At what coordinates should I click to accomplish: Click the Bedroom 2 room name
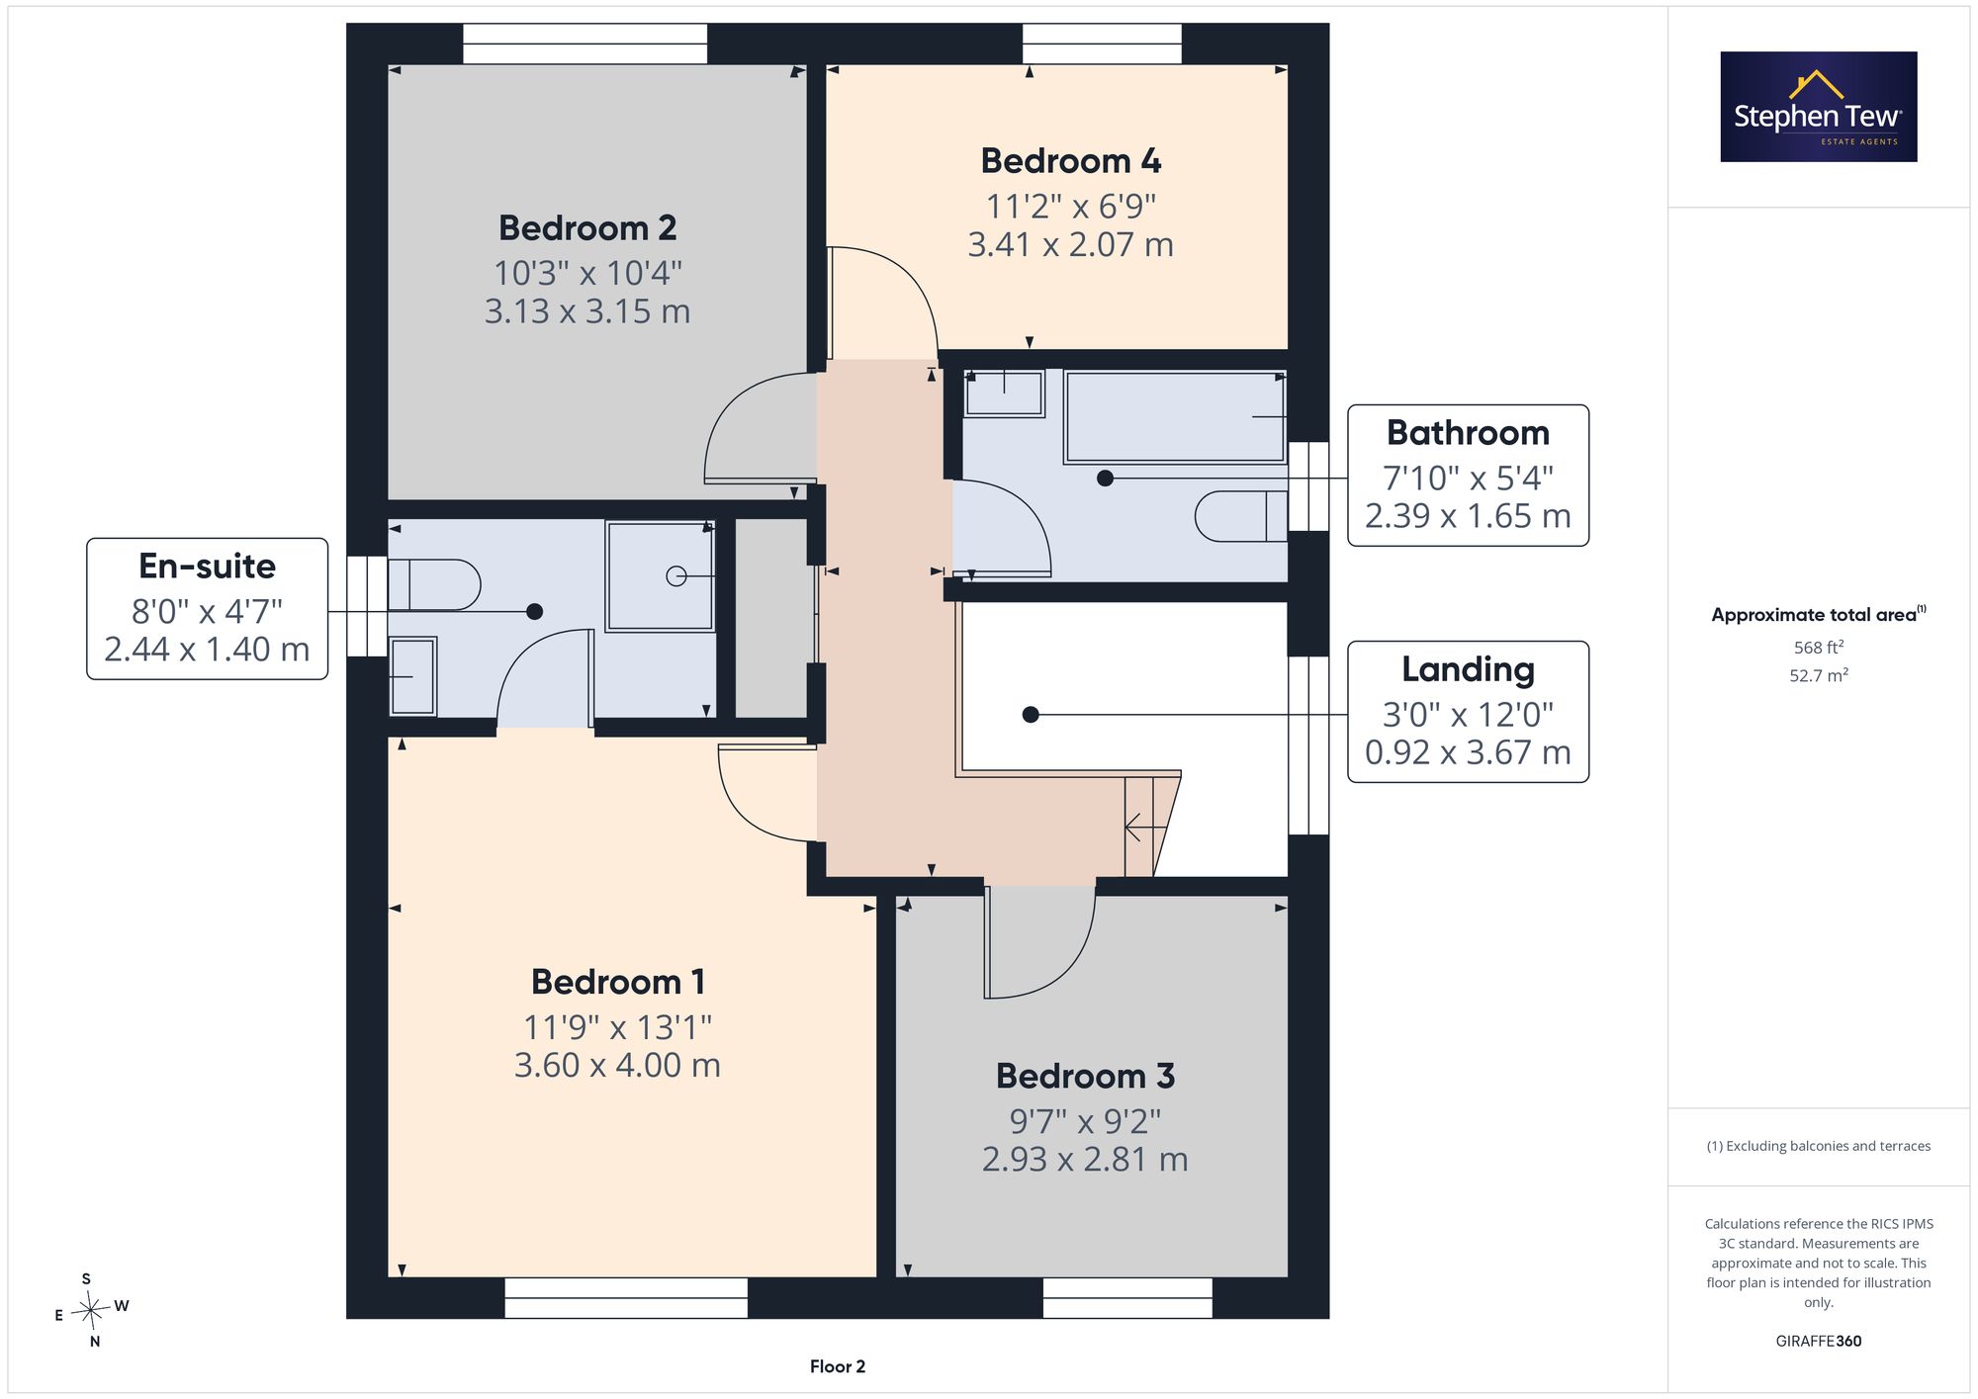pyautogui.click(x=587, y=228)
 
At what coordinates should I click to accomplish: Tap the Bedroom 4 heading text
pyautogui.click(x=1071, y=160)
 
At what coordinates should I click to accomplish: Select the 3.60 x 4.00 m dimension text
pyautogui.click(x=617, y=1065)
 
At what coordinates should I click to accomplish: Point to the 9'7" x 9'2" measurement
pyautogui.click(x=1085, y=1121)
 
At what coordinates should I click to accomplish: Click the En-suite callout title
pyautogui.click(x=207, y=566)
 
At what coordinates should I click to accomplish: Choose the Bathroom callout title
pyautogui.click(x=1468, y=432)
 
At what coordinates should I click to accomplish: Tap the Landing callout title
pyautogui.click(x=1468, y=670)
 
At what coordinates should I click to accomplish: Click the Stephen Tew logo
pyautogui.click(x=1819, y=107)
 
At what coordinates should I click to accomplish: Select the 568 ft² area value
pyautogui.click(x=1819, y=648)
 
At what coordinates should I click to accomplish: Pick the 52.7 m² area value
pyautogui.click(x=1819, y=675)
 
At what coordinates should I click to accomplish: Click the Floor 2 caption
pyautogui.click(x=838, y=1366)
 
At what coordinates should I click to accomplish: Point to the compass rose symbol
pyautogui.click(x=91, y=1311)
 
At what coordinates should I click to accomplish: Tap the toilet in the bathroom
pyautogui.click(x=1241, y=515)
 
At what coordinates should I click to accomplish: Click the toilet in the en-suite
pyautogui.click(x=434, y=585)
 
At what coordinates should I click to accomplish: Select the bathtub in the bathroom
pyautogui.click(x=1175, y=416)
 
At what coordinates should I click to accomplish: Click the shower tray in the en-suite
pyautogui.click(x=660, y=576)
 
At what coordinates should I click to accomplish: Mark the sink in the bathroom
pyautogui.click(x=1004, y=393)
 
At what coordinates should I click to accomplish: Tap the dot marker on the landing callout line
pyautogui.click(x=1031, y=714)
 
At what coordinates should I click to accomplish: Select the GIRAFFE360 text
pyautogui.click(x=1819, y=1341)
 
